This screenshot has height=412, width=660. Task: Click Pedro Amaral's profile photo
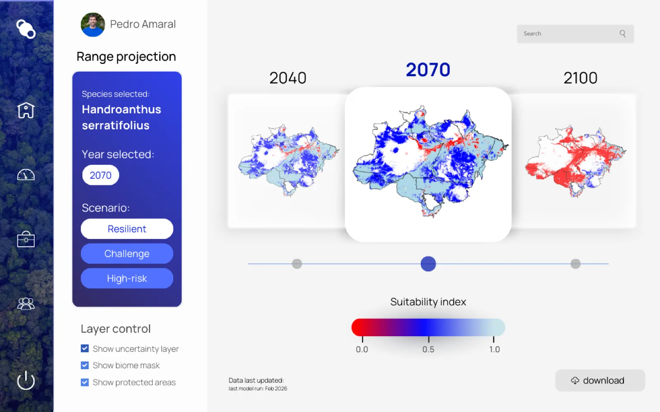[x=93, y=24]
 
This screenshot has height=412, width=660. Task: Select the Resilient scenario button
[x=127, y=229]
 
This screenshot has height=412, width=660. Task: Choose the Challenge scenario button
[x=127, y=253]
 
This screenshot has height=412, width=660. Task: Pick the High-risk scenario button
[x=127, y=278]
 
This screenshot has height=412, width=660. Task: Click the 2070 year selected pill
[x=101, y=175]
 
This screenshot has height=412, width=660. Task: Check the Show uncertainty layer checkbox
[x=85, y=349]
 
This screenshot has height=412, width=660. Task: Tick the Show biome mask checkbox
[x=85, y=365]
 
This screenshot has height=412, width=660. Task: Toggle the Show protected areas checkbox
[x=85, y=382]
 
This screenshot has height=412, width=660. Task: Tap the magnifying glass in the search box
[x=622, y=33]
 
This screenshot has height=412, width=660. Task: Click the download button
[x=600, y=380]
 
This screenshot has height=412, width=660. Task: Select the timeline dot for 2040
[x=297, y=264]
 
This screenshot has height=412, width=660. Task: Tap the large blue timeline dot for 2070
[x=428, y=264]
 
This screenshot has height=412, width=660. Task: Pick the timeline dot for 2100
[x=575, y=264]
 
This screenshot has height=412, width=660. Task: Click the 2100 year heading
[x=580, y=78]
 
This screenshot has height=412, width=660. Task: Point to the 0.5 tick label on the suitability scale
[x=428, y=349]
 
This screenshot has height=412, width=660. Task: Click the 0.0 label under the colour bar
[x=362, y=349]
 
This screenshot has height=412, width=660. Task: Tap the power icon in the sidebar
[x=26, y=380]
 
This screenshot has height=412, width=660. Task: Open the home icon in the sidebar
[x=26, y=110]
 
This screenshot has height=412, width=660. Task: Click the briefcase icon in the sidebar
[x=26, y=239]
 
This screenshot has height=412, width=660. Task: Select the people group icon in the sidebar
[x=26, y=304]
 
